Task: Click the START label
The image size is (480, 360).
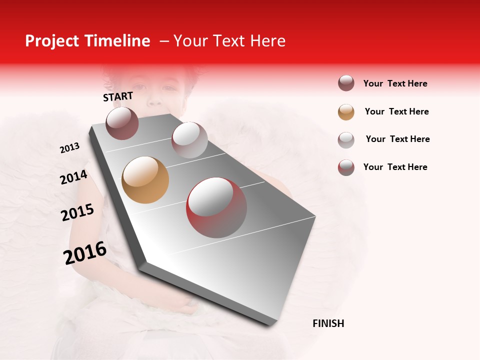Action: pyautogui.click(x=118, y=96)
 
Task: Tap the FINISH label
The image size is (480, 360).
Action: pyautogui.click(x=328, y=323)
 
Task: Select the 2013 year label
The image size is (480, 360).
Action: pyautogui.click(x=69, y=148)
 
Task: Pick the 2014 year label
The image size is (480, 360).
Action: pyautogui.click(x=73, y=177)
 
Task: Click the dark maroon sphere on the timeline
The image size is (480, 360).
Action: pyautogui.click(x=122, y=123)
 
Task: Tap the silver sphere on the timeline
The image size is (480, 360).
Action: pyautogui.click(x=189, y=139)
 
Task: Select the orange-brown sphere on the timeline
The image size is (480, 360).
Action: pyautogui.click(x=145, y=180)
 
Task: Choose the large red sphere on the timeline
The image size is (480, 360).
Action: pyautogui.click(x=216, y=207)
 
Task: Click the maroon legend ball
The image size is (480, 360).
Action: pyautogui.click(x=346, y=83)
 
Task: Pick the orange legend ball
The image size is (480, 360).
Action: pyautogui.click(x=346, y=112)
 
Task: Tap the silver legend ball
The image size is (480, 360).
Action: pyautogui.click(x=346, y=139)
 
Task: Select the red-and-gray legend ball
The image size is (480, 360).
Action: pyautogui.click(x=346, y=167)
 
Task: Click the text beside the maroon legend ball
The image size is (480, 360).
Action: pyautogui.click(x=395, y=83)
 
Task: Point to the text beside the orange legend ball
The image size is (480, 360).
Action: pyautogui.click(x=396, y=111)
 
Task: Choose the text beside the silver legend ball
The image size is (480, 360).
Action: pyautogui.click(x=397, y=139)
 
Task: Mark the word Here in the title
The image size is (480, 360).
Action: pyautogui.click(x=267, y=41)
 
